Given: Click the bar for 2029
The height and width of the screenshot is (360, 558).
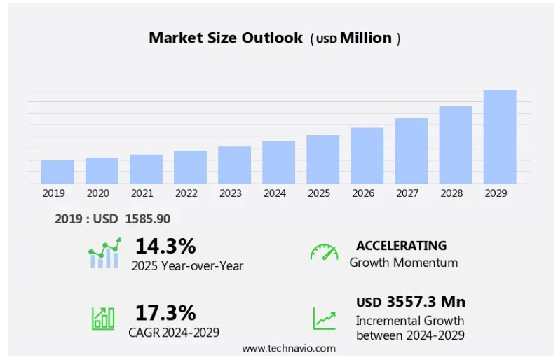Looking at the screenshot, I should (x=499, y=137).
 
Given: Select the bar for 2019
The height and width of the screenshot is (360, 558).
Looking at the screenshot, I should (x=57, y=172).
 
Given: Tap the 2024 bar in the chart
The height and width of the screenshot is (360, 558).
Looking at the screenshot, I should (x=278, y=162).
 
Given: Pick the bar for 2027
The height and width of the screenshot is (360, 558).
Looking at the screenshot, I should (x=411, y=151).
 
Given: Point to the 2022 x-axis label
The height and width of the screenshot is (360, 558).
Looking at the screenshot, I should (x=186, y=193).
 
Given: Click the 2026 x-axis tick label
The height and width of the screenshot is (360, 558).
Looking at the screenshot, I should (x=362, y=193).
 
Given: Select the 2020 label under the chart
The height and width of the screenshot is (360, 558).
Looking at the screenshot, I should (x=97, y=193).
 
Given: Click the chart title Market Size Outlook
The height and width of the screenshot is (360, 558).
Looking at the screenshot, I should (x=225, y=38).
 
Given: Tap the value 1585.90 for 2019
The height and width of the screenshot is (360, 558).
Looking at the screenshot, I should (x=147, y=219).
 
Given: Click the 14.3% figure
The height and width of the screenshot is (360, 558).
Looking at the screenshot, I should (x=165, y=246).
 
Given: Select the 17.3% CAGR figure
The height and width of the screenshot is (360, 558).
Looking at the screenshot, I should (x=165, y=312).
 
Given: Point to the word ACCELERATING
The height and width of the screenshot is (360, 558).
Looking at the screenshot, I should (x=401, y=246).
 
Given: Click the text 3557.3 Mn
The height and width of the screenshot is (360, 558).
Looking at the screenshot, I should (x=426, y=302).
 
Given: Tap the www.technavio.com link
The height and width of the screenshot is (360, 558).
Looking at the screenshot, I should (x=289, y=348).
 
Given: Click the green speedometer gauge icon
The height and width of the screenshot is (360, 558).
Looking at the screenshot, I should (x=324, y=252).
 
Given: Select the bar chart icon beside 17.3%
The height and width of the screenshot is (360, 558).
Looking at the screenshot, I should (x=103, y=319).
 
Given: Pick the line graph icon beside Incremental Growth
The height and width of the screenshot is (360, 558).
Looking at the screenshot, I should (x=324, y=319).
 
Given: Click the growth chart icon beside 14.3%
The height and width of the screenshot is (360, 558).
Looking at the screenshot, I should (x=104, y=253).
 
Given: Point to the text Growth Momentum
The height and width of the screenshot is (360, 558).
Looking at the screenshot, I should (x=403, y=263).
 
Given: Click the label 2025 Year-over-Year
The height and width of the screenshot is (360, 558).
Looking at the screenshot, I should (x=187, y=265).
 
